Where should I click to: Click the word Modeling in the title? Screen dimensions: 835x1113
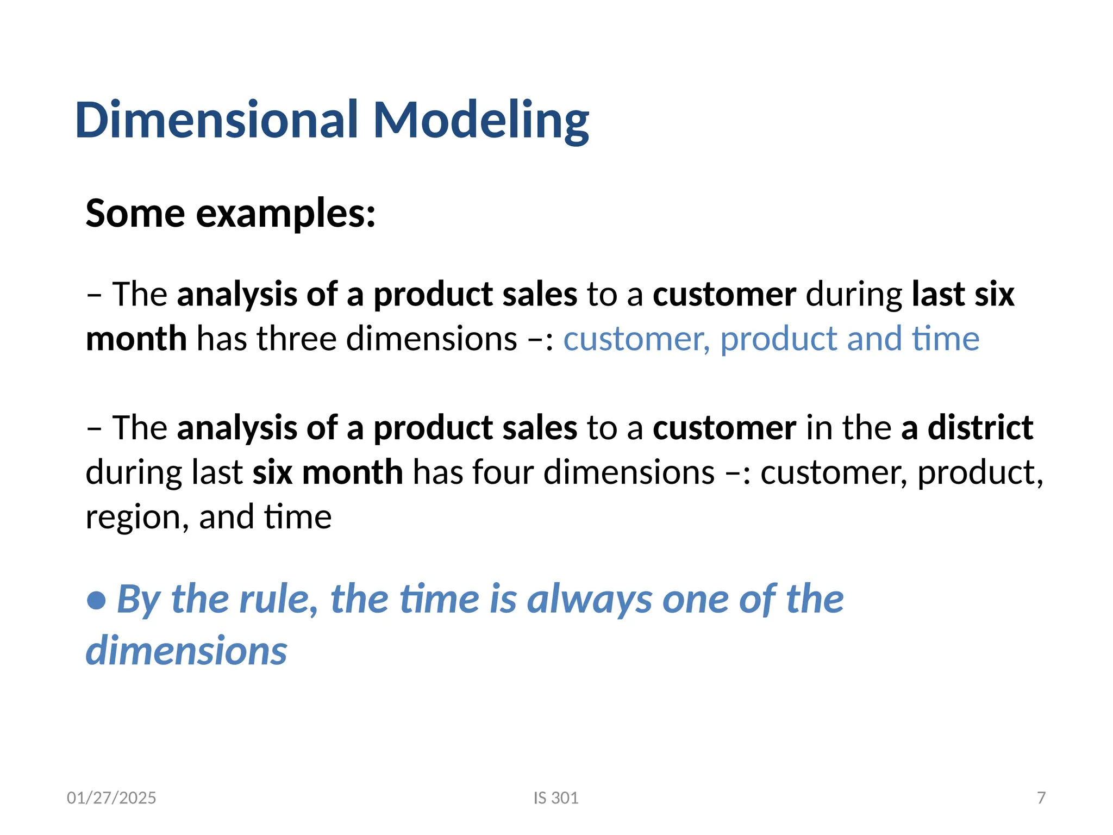tap(481, 121)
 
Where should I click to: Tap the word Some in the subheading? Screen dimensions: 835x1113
tap(135, 213)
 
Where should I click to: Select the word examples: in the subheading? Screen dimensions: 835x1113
tap(286, 214)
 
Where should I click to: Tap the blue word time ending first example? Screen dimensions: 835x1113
tap(946, 338)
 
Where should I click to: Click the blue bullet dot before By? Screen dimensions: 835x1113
tap(97, 600)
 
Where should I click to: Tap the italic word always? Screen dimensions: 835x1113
tap(590, 600)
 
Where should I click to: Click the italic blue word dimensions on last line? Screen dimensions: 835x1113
tap(186, 650)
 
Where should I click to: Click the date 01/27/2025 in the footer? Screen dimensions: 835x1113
tap(111, 797)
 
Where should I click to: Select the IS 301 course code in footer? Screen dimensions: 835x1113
tap(556, 797)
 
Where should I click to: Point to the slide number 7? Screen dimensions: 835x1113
tap(1041, 797)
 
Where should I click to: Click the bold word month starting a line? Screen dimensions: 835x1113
tap(136, 338)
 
